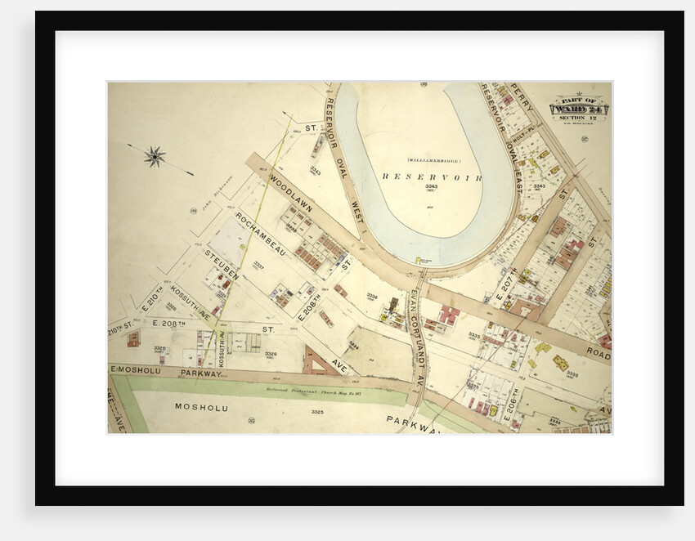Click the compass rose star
click(155, 155)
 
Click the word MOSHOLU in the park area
click(201, 406)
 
